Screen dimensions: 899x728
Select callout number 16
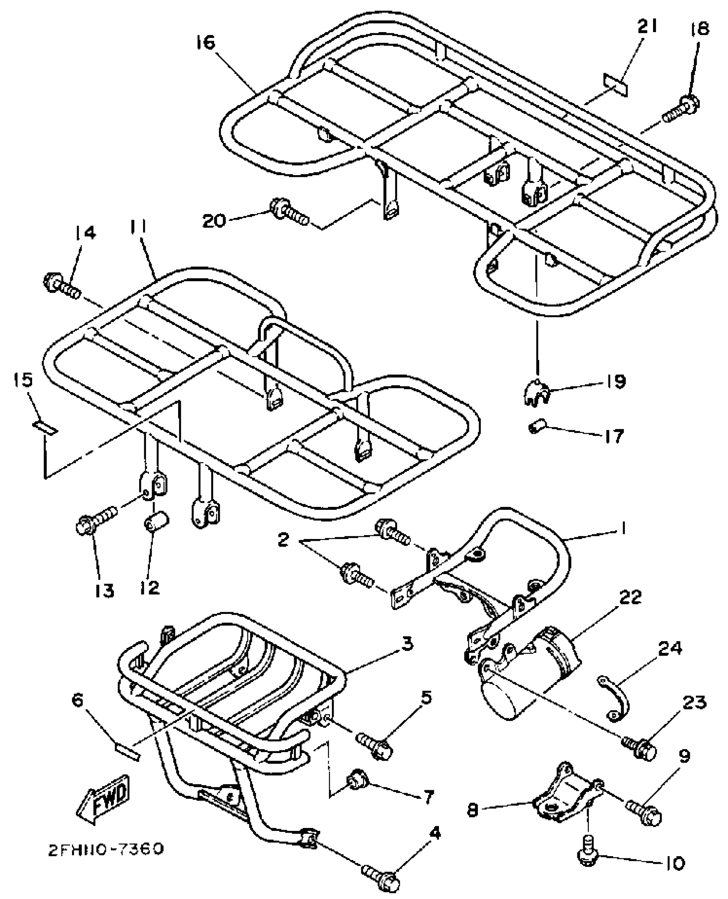coord(206,43)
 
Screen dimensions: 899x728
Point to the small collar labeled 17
coord(537,427)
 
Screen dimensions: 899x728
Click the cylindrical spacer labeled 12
coord(157,523)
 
